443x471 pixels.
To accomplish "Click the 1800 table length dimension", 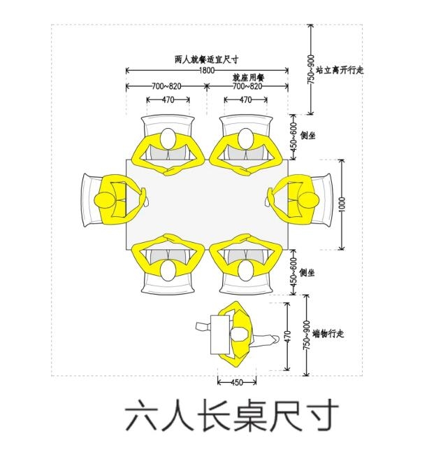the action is coord(207,71).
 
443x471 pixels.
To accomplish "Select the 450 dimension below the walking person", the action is coord(237,382).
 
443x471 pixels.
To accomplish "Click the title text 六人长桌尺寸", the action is coord(232,416).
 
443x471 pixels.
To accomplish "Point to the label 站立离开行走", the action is coord(340,70).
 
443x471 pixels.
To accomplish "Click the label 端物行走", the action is coord(328,333).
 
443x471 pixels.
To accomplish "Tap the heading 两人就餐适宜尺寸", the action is coord(207,59).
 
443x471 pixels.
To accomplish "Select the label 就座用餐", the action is coord(249,78).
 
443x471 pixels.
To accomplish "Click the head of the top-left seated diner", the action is coord(168,138).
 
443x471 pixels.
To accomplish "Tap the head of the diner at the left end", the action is coord(104,200).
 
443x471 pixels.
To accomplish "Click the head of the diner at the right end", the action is coord(309,200).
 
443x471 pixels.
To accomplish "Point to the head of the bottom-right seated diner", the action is coord(246,270).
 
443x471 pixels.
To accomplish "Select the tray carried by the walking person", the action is coord(220,335).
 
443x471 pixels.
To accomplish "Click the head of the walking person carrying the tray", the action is coord(240,335).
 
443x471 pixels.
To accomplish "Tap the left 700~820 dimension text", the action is coord(166,87).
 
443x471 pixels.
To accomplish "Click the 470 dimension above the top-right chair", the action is coord(246,99).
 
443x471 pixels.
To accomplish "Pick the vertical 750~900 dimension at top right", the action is coord(312,69).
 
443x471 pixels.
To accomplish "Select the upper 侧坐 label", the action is coord(307,136).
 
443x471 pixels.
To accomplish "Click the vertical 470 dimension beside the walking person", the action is coord(287,337).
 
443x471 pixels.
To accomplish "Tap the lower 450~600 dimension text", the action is coord(293,272).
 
